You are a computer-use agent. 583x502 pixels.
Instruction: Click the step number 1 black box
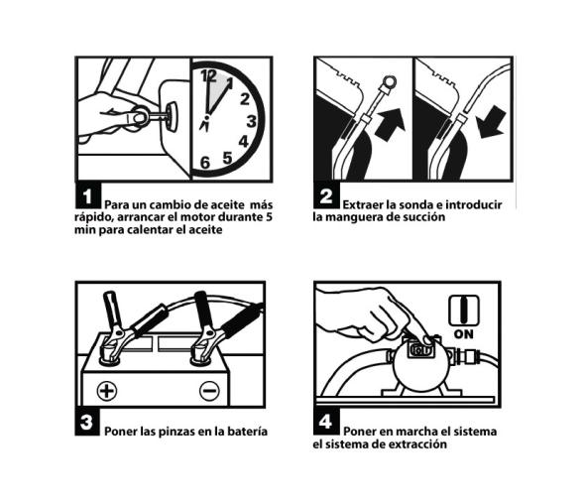point(88,195)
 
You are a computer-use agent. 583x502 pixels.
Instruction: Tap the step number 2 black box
point(326,195)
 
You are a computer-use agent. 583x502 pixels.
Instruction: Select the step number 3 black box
point(87,422)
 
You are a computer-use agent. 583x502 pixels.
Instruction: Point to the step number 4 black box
point(326,422)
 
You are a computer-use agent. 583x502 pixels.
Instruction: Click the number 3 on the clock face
point(252,121)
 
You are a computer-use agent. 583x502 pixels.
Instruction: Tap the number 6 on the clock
point(205,163)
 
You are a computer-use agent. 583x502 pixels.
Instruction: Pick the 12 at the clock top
point(208,76)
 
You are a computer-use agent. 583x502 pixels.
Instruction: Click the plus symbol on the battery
point(107,391)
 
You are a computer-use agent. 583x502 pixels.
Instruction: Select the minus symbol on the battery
point(209,391)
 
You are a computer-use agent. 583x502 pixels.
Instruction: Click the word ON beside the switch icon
point(464,334)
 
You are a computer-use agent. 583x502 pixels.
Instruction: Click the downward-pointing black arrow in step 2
point(492,122)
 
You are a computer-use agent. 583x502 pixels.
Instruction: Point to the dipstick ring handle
point(389,81)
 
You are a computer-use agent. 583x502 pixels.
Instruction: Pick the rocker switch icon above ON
point(464,311)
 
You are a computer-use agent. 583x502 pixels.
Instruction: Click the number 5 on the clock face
point(228,158)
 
